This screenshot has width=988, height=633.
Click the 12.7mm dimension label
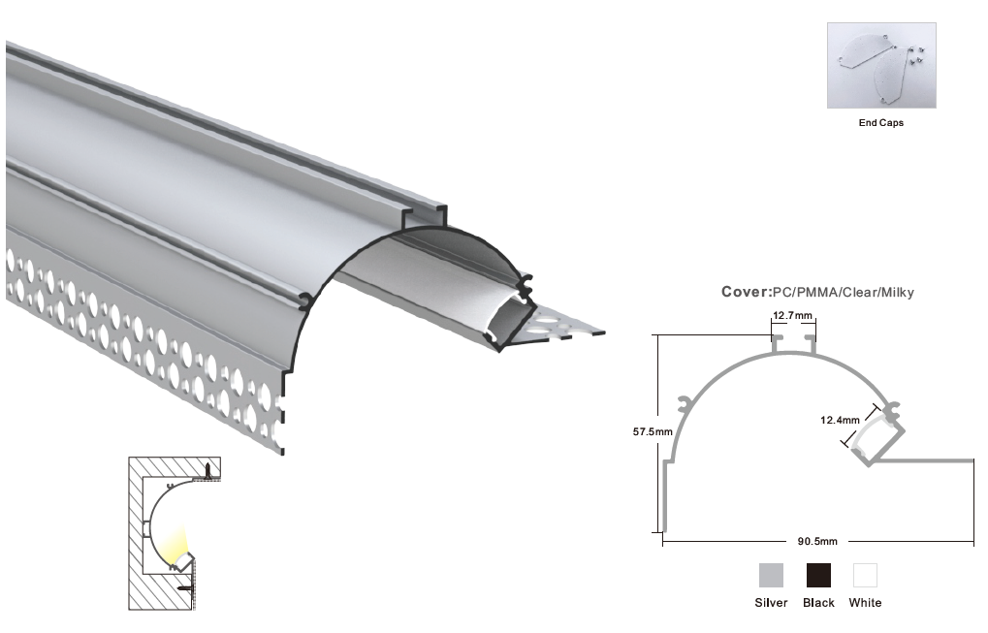coord(792,316)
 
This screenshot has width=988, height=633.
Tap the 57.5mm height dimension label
coord(653,432)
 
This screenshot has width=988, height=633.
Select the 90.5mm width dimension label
coord(817,541)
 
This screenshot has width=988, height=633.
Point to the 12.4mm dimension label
coord(840,420)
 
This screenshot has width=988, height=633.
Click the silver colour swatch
coord(771,575)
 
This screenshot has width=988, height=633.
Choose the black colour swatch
coord(818,575)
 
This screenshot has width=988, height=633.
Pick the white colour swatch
coord(865,575)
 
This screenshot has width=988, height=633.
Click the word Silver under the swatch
coord(771,603)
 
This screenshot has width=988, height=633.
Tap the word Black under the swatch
coord(818,603)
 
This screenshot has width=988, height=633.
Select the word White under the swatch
coord(865,603)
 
